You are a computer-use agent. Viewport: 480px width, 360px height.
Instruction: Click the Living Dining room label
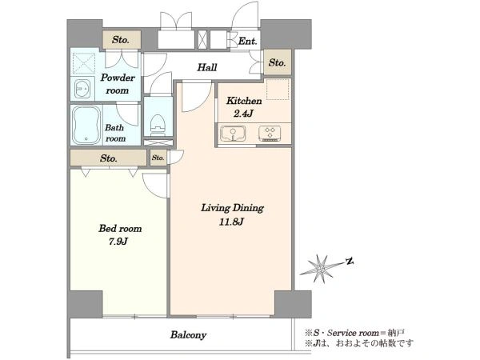point(232,208)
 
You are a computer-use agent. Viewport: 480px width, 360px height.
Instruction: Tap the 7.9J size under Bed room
point(118,242)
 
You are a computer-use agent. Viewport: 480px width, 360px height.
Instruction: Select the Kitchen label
point(244,101)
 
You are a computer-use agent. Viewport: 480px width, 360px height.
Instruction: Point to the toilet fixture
point(158,126)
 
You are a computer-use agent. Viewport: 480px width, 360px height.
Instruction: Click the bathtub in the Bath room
point(86,126)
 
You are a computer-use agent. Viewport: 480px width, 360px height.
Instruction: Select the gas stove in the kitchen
point(270,134)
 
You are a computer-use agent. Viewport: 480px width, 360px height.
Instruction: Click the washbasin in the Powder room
point(82,89)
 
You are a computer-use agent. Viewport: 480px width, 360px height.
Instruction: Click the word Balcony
point(188,335)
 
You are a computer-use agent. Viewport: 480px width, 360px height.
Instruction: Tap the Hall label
point(207,67)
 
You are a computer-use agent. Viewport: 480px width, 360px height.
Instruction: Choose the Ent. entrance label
point(248,41)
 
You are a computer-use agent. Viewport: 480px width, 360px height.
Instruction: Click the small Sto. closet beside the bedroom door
point(158,158)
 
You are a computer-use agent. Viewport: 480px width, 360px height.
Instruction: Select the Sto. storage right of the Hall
point(278,62)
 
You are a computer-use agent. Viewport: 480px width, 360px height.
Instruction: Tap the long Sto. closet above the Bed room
point(108,158)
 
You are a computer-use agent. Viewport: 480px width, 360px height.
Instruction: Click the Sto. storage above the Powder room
point(122,39)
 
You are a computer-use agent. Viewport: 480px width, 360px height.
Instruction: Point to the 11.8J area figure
point(231,222)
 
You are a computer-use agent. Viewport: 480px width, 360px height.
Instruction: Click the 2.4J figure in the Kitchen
point(243,114)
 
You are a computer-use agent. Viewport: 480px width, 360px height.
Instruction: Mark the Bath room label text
point(115,133)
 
